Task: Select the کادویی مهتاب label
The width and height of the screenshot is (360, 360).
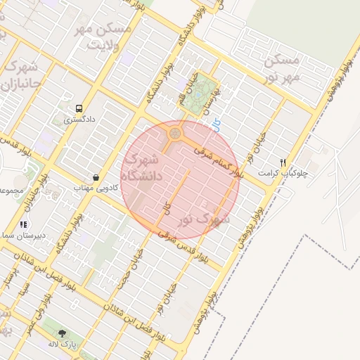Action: (94, 188)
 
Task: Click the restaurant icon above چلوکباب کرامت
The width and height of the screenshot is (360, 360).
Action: (283, 162)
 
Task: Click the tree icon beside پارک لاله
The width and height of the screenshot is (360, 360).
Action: (61, 333)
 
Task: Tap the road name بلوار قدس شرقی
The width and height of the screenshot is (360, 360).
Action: (184, 247)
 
